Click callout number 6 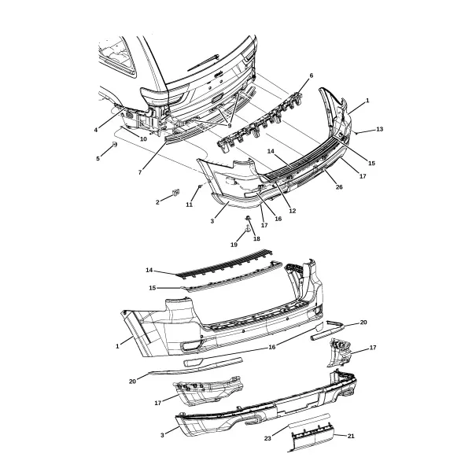pos(311,76)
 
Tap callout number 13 pos(380,129)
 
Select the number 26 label pos(339,187)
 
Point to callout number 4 pos(96,130)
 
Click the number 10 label pos(143,139)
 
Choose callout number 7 pos(140,172)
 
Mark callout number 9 pos(230,126)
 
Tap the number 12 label pos(293,211)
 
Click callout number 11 pos(189,205)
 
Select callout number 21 pos(351,436)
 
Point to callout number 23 pos(267,439)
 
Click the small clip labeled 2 pos(175,191)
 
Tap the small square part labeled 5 pos(114,144)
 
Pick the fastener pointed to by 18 pos(248,217)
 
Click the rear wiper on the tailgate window pos(203,63)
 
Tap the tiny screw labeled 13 pos(356,133)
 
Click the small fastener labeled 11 pos(200,186)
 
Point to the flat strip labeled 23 pos(309,419)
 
